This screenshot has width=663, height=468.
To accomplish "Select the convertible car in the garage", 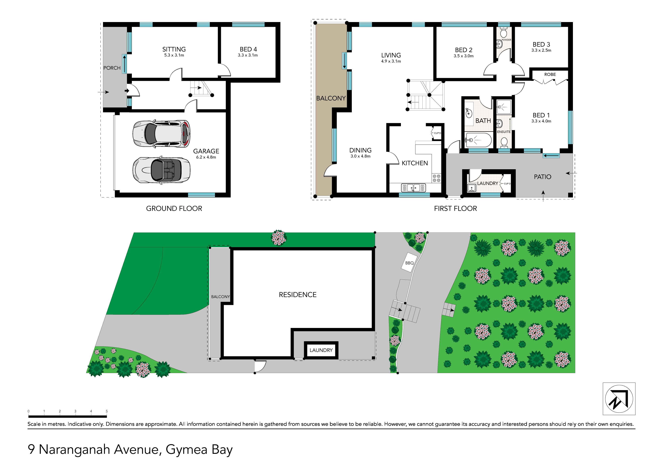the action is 161,170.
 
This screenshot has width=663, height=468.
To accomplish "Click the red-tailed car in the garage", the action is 161,134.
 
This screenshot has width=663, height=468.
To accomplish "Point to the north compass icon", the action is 619,399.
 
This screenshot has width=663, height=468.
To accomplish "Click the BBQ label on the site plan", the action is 409,263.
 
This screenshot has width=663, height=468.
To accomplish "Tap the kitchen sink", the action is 413,188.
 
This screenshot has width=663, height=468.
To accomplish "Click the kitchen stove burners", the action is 436,178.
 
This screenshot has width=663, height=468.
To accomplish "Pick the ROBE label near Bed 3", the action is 550,74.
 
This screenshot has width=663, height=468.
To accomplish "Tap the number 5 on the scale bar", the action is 107,411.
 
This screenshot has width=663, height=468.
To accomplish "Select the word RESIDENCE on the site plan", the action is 297,295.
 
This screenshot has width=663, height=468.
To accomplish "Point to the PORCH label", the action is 112,68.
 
